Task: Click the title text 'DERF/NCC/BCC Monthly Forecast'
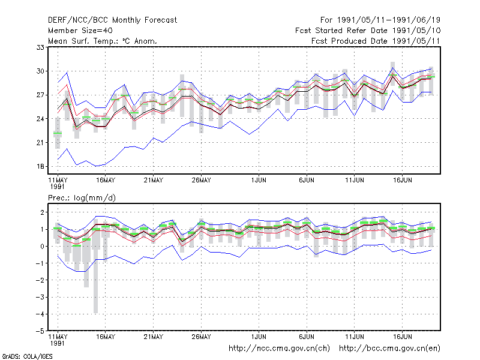tap(112, 20)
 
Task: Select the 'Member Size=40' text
tap(80, 31)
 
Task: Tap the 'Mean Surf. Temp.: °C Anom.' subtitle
tap(103, 41)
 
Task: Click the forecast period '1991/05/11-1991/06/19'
tap(388, 20)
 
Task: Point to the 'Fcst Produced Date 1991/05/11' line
tap(376, 41)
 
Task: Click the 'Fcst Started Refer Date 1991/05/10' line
tap(368, 31)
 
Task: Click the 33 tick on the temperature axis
tap(40, 47)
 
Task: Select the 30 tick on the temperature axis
tap(40, 71)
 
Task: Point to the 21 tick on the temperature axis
tap(40, 143)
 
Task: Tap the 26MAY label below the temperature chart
tap(201, 180)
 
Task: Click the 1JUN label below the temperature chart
tap(259, 180)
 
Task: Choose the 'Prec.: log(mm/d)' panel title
tap(82, 198)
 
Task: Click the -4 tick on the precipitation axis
tap(40, 314)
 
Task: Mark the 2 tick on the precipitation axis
tap(42, 212)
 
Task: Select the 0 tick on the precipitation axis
tap(42, 247)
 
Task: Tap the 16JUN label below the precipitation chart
tap(402, 337)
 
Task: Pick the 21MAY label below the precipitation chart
tap(154, 337)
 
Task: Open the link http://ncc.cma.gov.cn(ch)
tap(279, 349)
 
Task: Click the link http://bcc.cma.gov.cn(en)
tap(389, 349)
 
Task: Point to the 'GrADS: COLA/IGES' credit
tap(27, 356)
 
